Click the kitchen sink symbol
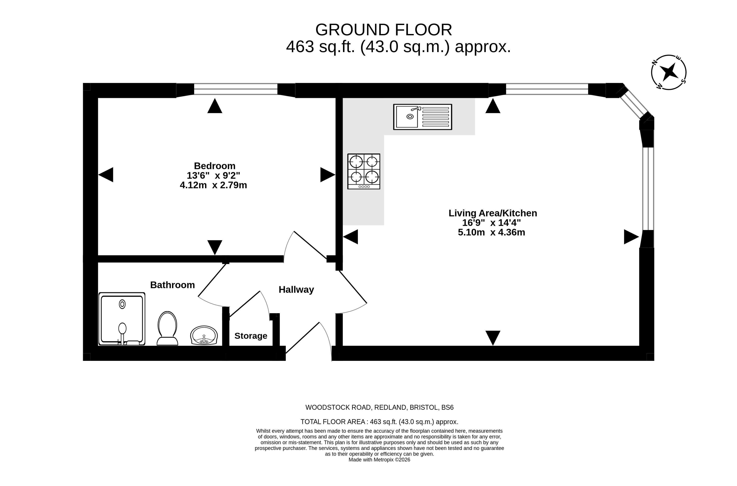422,117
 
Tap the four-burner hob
364,171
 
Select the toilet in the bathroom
167,328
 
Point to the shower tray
122,319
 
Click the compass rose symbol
668,72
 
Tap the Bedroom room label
215,166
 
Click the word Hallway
296,290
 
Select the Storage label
251,336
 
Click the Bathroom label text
173,285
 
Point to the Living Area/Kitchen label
493,213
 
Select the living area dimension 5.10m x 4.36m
491,232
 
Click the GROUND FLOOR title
384,30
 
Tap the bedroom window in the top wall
236,89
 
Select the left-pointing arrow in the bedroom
106,175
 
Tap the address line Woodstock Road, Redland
379,407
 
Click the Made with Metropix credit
379,460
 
